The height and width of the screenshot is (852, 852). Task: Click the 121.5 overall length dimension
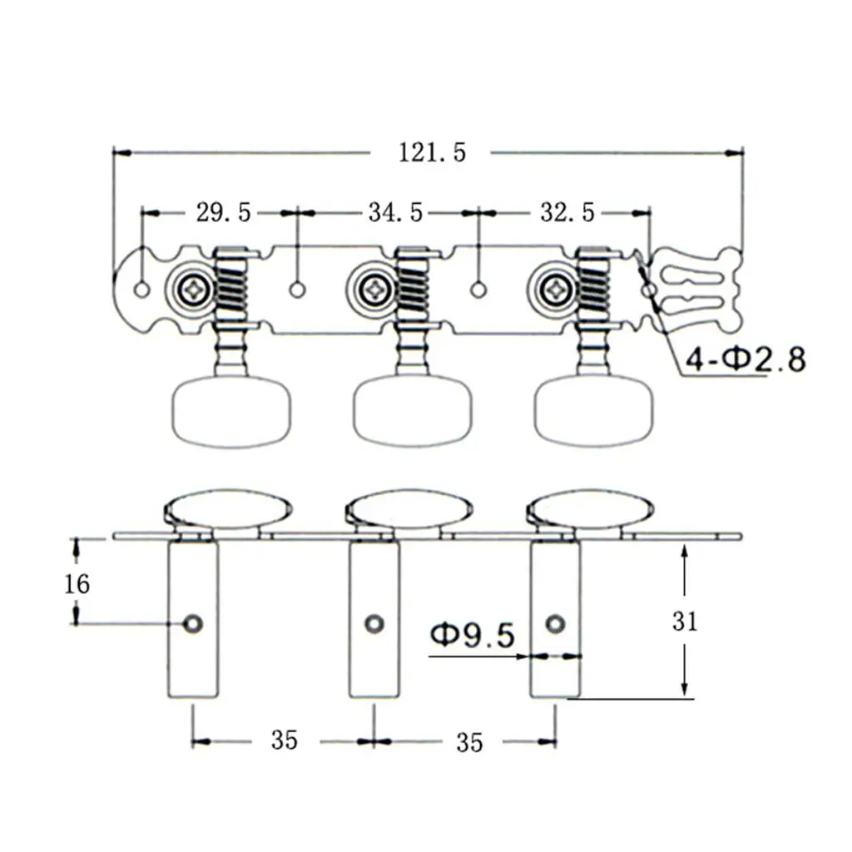[x=432, y=153]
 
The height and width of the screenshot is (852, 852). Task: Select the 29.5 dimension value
[x=223, y=213]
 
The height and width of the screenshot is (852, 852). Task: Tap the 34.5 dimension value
[x=396, y=213]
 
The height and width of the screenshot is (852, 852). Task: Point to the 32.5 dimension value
[x=567, y=213]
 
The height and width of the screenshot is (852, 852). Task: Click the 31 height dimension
[x=685, y=622]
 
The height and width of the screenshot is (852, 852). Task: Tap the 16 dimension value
[x=77, y=584]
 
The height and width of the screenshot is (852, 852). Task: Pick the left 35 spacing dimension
[x=284, y=740]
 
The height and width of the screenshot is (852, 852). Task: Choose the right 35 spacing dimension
[x=469, y=741]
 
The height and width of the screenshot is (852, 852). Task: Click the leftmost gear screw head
[x=196, y=290]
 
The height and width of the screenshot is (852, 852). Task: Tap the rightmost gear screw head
[x=556, y=290]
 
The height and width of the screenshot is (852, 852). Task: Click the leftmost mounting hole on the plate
[x=142, y=290]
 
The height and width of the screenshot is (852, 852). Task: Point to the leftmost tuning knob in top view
[x=231, y=411]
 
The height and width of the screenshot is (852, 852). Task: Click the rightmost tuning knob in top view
[x=592, y=411]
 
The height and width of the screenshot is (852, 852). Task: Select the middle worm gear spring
[x=413, y=289]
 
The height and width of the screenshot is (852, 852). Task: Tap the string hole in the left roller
[x=194, y=623]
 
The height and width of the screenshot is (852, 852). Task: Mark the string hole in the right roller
[x=555, y=623]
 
